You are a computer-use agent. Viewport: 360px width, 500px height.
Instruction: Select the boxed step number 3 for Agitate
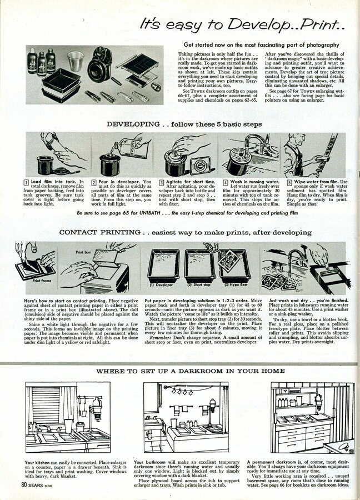click(x=162, y=182)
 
